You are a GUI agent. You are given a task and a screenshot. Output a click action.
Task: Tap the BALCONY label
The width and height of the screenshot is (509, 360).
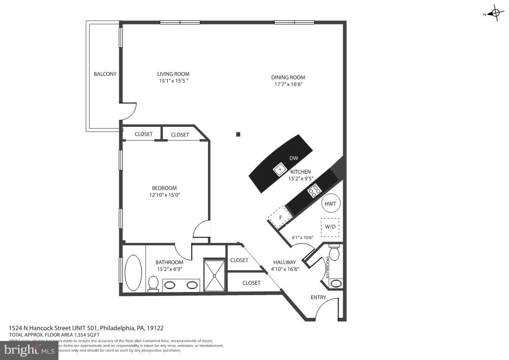tap(105, 74)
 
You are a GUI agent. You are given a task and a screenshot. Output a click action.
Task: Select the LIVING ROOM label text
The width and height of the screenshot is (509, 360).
tap(173, 74)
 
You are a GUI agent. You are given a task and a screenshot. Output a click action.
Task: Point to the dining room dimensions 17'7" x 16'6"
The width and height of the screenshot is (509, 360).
tap(288, 84)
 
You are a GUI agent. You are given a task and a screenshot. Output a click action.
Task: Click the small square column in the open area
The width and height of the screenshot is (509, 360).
tap(238, 134)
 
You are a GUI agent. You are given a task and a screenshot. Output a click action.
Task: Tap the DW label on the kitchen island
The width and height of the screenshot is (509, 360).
tap(294, 158)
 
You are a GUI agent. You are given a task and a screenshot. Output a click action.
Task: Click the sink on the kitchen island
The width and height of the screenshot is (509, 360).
tap(280, 170)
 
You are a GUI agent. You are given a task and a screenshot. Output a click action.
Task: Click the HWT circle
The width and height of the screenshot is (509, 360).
tap(331, 204)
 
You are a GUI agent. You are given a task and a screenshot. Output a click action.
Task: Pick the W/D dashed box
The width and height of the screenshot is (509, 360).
tap(330, 227)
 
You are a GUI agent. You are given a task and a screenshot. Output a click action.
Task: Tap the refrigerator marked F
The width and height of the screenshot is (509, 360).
tap(281, 217)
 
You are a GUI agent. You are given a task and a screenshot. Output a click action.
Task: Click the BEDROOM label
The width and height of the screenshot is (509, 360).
tap(164, 188)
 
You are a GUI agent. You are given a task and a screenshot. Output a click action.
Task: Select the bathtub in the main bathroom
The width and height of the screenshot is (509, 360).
tap(133, 272)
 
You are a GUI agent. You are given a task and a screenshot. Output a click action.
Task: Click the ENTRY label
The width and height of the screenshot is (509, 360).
tap(318, 297)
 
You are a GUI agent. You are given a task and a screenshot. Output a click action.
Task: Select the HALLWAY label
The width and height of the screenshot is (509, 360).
tap(285, 262)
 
